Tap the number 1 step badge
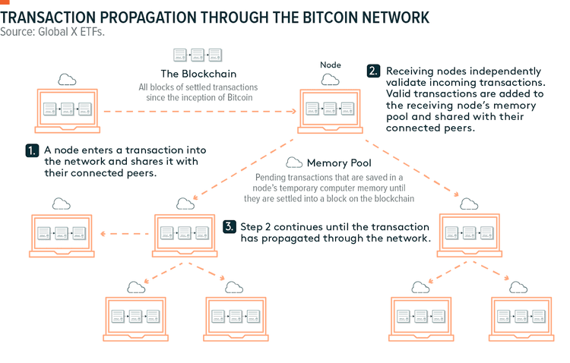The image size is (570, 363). pos(32,150)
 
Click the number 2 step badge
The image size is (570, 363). pos(373,71)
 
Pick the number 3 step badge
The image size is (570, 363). pos(230,226)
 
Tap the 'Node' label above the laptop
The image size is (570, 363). pos(332,65)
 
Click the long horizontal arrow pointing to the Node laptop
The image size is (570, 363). pos(198,112)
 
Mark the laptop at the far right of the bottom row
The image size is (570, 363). pos(518,314)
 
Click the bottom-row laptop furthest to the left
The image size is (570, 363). pos(135,314)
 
